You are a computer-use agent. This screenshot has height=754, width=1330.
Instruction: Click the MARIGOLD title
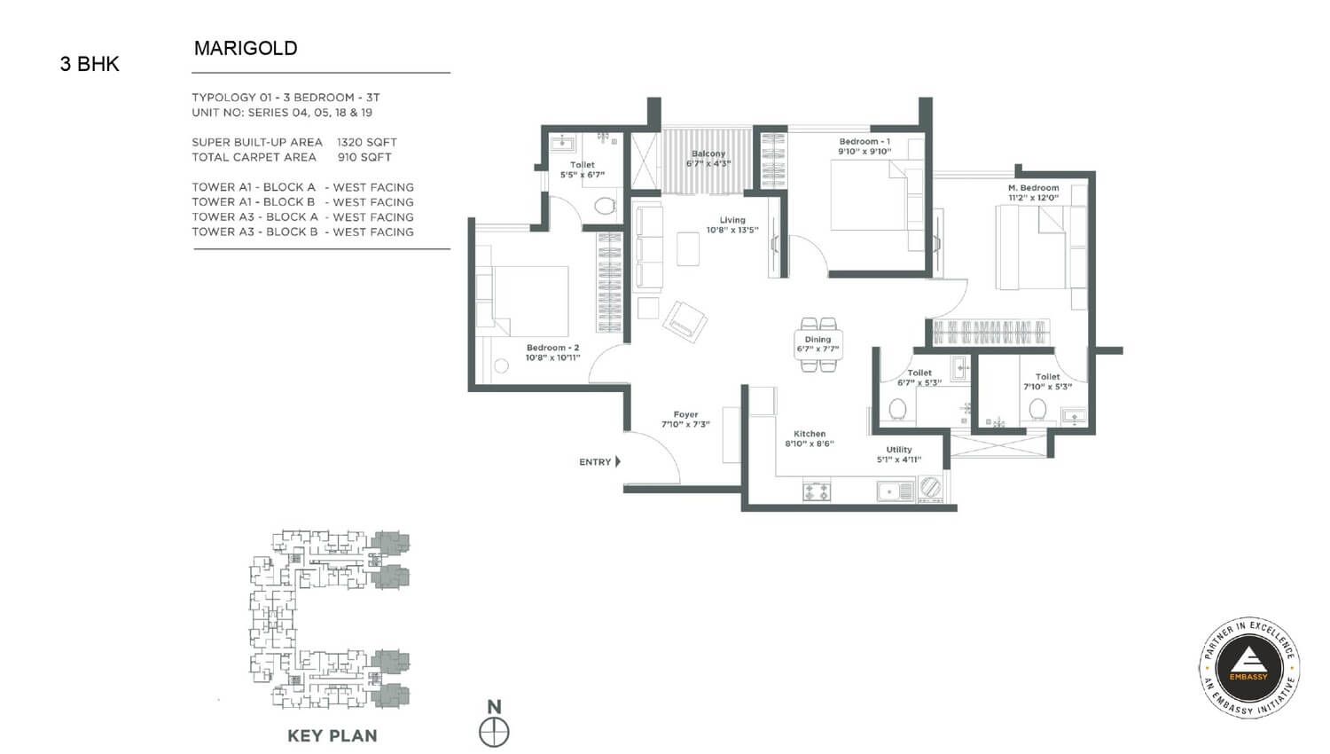coord(246,48)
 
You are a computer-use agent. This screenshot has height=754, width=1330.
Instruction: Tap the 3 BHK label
coord(90,64)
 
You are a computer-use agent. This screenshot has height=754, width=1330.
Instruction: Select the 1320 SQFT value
coord(366,142)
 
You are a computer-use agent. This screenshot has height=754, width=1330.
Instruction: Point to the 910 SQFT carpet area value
coord(364,157)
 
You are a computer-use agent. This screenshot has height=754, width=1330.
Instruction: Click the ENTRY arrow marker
coord(618,461)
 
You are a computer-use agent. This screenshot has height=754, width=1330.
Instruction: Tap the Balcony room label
coord(708,153)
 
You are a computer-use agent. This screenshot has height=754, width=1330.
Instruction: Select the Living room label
coord(732,220)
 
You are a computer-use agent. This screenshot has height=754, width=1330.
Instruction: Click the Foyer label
coord(685,414)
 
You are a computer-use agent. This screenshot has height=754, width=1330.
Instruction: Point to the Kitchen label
coord(810,434)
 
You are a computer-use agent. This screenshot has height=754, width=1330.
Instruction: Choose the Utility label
coord(899,450)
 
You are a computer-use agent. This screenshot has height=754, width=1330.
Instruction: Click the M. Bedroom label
coord(1033,188)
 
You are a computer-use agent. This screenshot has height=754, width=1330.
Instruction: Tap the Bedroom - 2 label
coord(552,348)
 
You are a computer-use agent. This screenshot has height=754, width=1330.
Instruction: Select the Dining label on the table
coord(818,339)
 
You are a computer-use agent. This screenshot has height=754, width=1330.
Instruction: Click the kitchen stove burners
coord(817,491)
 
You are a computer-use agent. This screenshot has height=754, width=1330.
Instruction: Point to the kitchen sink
coord(895,491)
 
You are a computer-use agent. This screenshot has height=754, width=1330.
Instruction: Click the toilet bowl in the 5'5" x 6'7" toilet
coord(605,207)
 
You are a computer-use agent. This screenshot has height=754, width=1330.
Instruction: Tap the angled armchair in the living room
coord(685,321)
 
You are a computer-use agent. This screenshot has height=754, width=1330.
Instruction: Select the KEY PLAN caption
coord(332,735)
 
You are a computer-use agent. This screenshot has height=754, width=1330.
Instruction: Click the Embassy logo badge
coord(1248,667)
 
